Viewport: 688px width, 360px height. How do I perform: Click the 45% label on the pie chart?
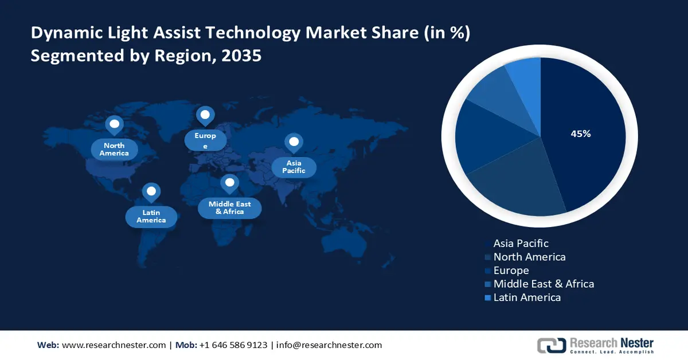click(x=580, y=134)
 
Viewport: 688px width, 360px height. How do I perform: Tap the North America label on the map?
click(x=114, y=150)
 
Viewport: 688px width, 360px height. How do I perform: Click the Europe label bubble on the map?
click(x=205, y=140)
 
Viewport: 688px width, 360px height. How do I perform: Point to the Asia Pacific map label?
click(x=294, y=167)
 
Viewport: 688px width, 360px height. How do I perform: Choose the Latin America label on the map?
click(x=151, y=216)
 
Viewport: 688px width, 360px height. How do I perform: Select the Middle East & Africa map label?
click(x=229, y=208)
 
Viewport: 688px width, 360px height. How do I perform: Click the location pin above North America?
click(x=114, y=124)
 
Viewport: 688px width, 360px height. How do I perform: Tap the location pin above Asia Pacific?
click(x=294, y=142)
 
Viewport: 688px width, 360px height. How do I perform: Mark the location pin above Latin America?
click(x=151, y=191)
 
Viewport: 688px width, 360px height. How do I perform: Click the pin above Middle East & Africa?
click(x=229, y=183)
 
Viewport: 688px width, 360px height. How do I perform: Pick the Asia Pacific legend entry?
click(x=521, y=244)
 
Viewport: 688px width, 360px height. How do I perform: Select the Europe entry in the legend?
click(x=511, y=271)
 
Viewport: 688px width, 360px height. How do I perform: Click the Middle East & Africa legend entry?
click(x=543, y=284)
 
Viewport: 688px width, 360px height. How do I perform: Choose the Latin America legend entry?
click(x=526, y=298)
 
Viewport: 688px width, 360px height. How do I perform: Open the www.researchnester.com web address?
click(x=114, y=345)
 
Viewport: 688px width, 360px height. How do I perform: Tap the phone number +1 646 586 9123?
click(x=233, y=345)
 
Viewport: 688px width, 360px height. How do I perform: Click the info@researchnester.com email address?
click(x=329, y=345)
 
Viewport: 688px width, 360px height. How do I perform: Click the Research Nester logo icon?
click(x=551, y=345)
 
